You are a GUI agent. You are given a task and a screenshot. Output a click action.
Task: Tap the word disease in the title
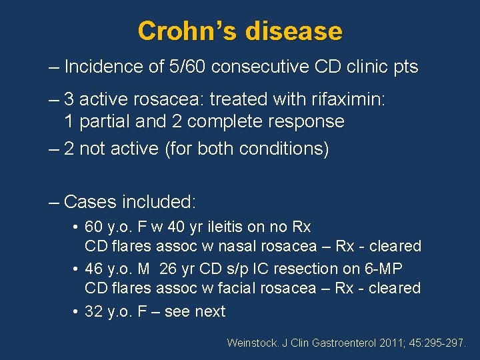[x=294, y=31]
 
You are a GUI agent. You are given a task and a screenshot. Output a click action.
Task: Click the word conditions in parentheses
[x=285, y=149]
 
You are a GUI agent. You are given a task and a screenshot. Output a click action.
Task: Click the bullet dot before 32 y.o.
[x=75, y=311]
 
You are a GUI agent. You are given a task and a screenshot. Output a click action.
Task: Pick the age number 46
[x=95, y=269]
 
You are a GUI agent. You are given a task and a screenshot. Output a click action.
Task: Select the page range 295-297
[x=443, y=343]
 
